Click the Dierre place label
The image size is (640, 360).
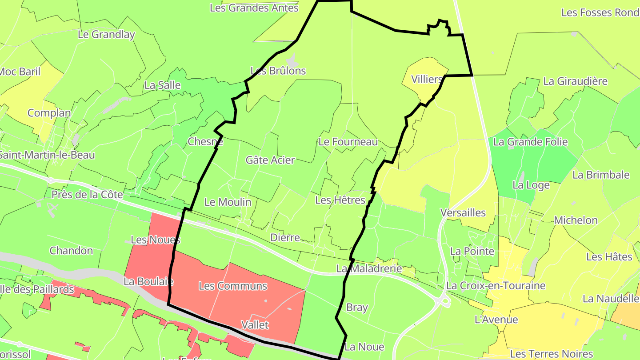coord(285,237)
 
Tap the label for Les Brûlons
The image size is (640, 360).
coord(278,71)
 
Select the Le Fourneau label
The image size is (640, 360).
coord(348,142)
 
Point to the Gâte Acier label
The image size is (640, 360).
coord(270,160)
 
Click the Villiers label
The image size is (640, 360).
coord(427,80)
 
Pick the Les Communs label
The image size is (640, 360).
coord(233,286)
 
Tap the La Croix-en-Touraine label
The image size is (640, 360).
coord(496,285)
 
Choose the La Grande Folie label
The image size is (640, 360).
coord(530,142)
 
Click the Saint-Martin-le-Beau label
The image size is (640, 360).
coord(47,155)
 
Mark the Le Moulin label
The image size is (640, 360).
coord(228,202)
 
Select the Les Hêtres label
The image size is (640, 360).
coord(340,200)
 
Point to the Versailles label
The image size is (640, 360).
coord(463,212)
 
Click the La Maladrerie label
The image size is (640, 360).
coord(369,268)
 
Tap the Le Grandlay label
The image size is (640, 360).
coord(106,34)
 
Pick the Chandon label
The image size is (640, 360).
coord(71,251)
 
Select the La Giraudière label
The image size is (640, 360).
coord(575,81)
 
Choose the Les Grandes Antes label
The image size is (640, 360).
coord(254,8)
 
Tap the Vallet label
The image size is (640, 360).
coord(255,325)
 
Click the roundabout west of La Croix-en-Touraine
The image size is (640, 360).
coord(444,301)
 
